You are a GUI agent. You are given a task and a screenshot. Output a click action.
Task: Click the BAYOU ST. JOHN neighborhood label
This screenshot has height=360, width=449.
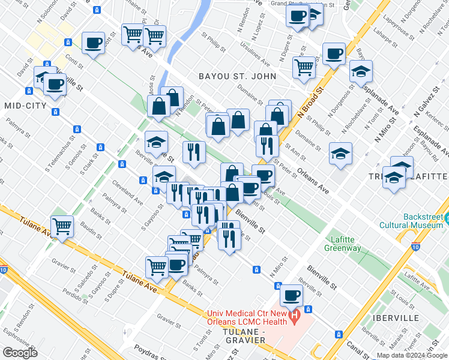click(x=238, y=76)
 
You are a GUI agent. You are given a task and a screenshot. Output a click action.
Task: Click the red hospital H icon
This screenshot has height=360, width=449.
click(x=294, y=316)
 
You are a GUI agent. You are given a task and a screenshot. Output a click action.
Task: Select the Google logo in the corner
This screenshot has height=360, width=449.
click(x=20, y=352)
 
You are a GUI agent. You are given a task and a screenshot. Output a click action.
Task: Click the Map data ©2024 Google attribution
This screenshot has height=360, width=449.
click(x=412, y=355)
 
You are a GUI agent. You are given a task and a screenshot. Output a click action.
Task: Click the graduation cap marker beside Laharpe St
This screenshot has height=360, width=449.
click(x=361, y=71)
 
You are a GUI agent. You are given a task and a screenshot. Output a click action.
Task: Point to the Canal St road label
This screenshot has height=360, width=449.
click(x=358, y=347)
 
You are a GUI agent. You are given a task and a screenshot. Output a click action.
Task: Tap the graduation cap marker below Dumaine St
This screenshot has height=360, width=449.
click(x=340, y=154)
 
